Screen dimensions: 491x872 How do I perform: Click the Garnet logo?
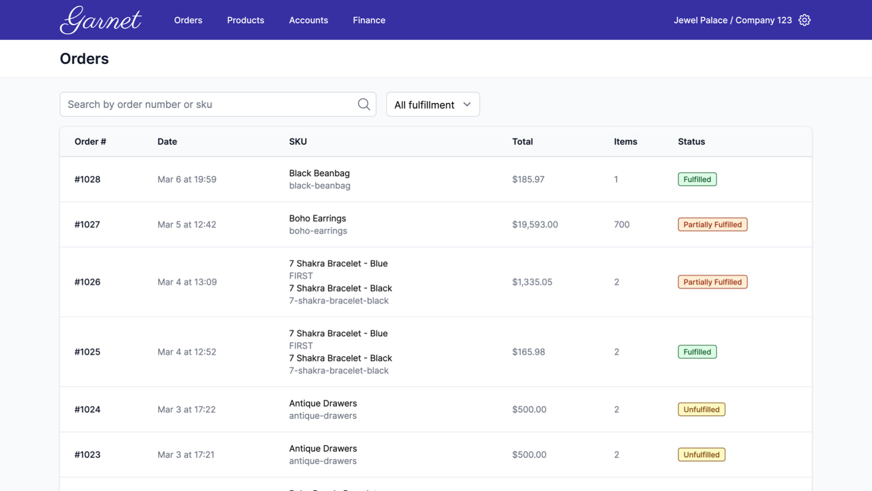click(x=101, y=20)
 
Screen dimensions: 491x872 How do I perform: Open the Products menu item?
click(x=245, y=20)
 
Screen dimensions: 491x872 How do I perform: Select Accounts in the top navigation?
click(x=308, y=20)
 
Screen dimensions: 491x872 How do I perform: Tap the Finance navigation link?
click(x=369, y=20)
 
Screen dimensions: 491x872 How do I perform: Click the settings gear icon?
click(x=804, y=20)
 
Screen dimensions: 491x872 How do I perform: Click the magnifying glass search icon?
click(x=364, y=104)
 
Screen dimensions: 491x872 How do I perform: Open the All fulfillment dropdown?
click(x=433, y=104)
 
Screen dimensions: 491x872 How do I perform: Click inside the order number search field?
click(x=207, y=104)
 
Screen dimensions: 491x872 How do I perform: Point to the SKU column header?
click(x=298, y=141)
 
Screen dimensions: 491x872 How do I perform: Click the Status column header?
click(x=691, y=141)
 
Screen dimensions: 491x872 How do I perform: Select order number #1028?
click(x=87, y=179)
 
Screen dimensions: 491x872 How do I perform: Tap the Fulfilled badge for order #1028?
click(x=697, y=179)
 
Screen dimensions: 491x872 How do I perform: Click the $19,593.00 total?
click(x=535, y=225)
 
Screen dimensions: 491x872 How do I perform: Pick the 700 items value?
click(x=621, y=225)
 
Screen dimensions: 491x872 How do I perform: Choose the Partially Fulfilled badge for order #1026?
click(x=712, y=282)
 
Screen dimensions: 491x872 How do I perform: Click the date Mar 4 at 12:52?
click(x=187, y=352)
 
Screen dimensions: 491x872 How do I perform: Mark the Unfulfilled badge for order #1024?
click(x=701, y=410)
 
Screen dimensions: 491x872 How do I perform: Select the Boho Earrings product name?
click(x=317, y=218)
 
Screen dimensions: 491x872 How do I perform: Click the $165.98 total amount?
click(x=528, y=352)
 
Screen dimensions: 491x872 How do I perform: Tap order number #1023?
click(x=87, y=455)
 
